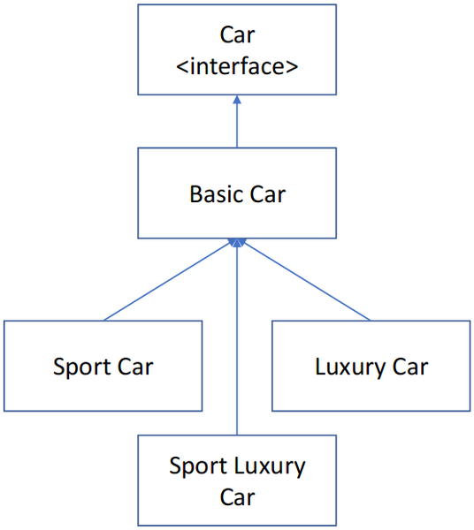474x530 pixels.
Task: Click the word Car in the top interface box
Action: click(x=237, y=35)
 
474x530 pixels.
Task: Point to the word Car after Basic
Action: click(x=268, y=193)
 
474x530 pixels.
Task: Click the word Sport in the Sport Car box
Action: click(x=82, y=366)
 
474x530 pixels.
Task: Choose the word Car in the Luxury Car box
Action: click(x=409, y=366)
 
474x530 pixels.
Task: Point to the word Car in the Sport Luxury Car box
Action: click(x=237, y=496)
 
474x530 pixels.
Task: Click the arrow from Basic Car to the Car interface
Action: click(x=237, y=124)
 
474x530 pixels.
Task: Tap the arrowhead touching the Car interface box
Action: click(x=237, y=100)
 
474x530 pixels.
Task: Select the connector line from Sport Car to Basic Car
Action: click(x=168, y=280)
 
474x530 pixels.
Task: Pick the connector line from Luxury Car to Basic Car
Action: click(x=305, y=280)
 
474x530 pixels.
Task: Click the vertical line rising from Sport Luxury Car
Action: click(x=237, y=353)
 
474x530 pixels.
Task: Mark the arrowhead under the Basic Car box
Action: click(x=237, y=243)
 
